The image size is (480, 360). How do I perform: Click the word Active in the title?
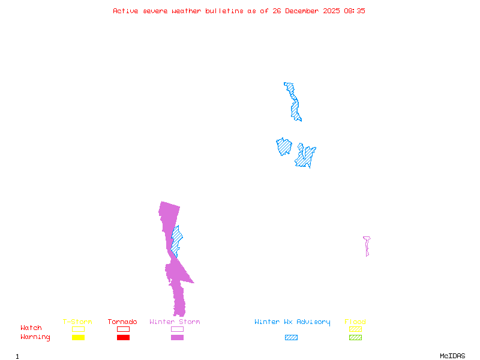click(x=125, y=11)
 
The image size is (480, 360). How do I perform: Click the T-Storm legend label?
click(x=77, y=322)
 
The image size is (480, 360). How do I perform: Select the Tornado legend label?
click(x=122, y=322)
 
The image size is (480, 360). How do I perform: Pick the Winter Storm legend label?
click(x=175, y=322)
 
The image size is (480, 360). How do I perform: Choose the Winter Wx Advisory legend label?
click(x=292, y=322)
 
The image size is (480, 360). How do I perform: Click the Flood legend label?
click(x=355, y=322)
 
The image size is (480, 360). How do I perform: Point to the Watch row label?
click(x=31, y=328)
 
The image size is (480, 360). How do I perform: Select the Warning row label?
click(x=35, y=337)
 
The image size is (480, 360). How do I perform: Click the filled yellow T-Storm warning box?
click(x=78, y=338)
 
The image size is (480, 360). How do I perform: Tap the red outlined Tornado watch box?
click(x=123, y=329)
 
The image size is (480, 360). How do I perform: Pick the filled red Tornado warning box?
click(x=123, y=338)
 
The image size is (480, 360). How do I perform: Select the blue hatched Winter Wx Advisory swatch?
click(x=291, y=338)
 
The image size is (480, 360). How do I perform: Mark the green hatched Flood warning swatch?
click(x=355, y=338)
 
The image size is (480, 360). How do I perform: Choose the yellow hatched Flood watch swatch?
click(x=355, y=329)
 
